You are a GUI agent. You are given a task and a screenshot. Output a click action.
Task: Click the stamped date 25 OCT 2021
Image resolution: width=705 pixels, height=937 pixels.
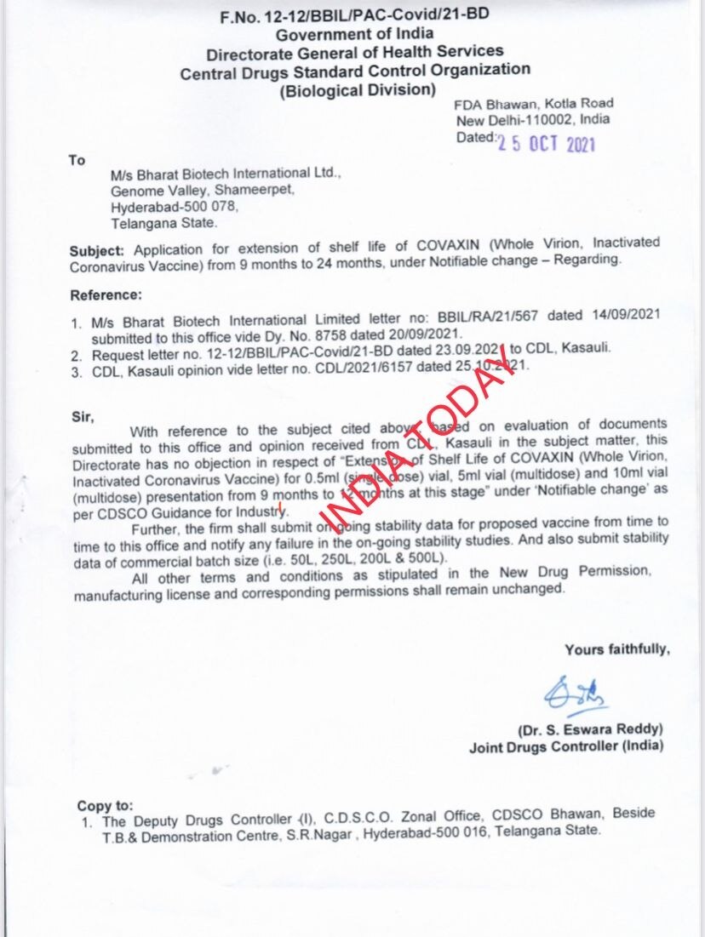547,143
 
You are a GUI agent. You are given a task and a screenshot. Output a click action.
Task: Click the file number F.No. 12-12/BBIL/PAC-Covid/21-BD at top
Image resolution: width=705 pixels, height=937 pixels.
353,15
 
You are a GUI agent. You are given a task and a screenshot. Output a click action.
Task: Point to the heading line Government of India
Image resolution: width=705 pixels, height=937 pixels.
354,34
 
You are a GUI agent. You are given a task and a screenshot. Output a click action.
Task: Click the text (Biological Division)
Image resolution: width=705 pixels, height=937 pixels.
358,90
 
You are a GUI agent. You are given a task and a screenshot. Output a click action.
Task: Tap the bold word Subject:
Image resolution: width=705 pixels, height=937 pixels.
98,250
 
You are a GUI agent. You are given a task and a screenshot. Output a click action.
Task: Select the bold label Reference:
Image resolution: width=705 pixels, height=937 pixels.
105,295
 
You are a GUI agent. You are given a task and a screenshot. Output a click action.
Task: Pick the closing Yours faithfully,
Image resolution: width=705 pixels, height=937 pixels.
616,649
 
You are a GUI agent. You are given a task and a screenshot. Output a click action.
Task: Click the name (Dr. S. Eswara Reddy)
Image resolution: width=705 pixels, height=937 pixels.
590,730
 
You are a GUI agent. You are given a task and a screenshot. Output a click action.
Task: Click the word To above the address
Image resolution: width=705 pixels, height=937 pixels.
77,160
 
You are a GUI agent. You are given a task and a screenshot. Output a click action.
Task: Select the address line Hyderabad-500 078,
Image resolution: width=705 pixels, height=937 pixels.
175,207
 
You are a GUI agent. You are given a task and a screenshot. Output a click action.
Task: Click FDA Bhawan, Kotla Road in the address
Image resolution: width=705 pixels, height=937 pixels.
533,104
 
